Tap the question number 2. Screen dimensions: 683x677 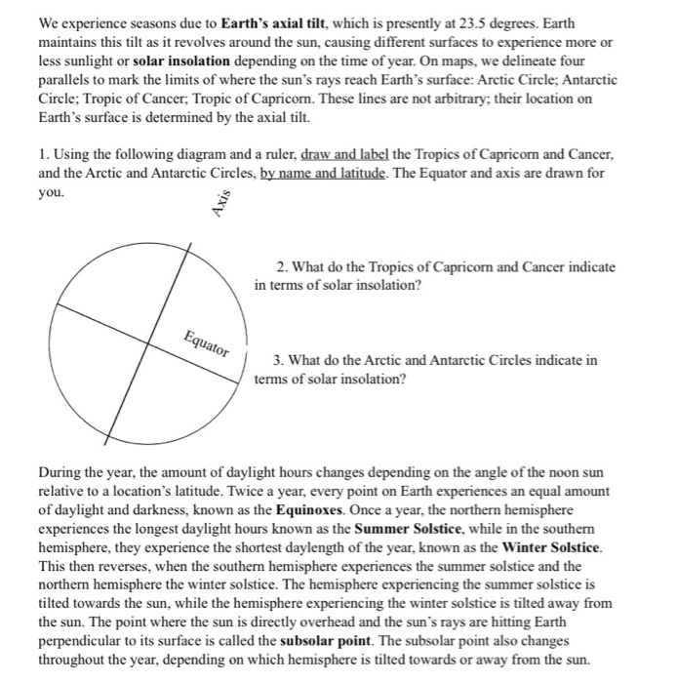tap(282, 266)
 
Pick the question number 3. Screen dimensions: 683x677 tap(282, 360)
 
